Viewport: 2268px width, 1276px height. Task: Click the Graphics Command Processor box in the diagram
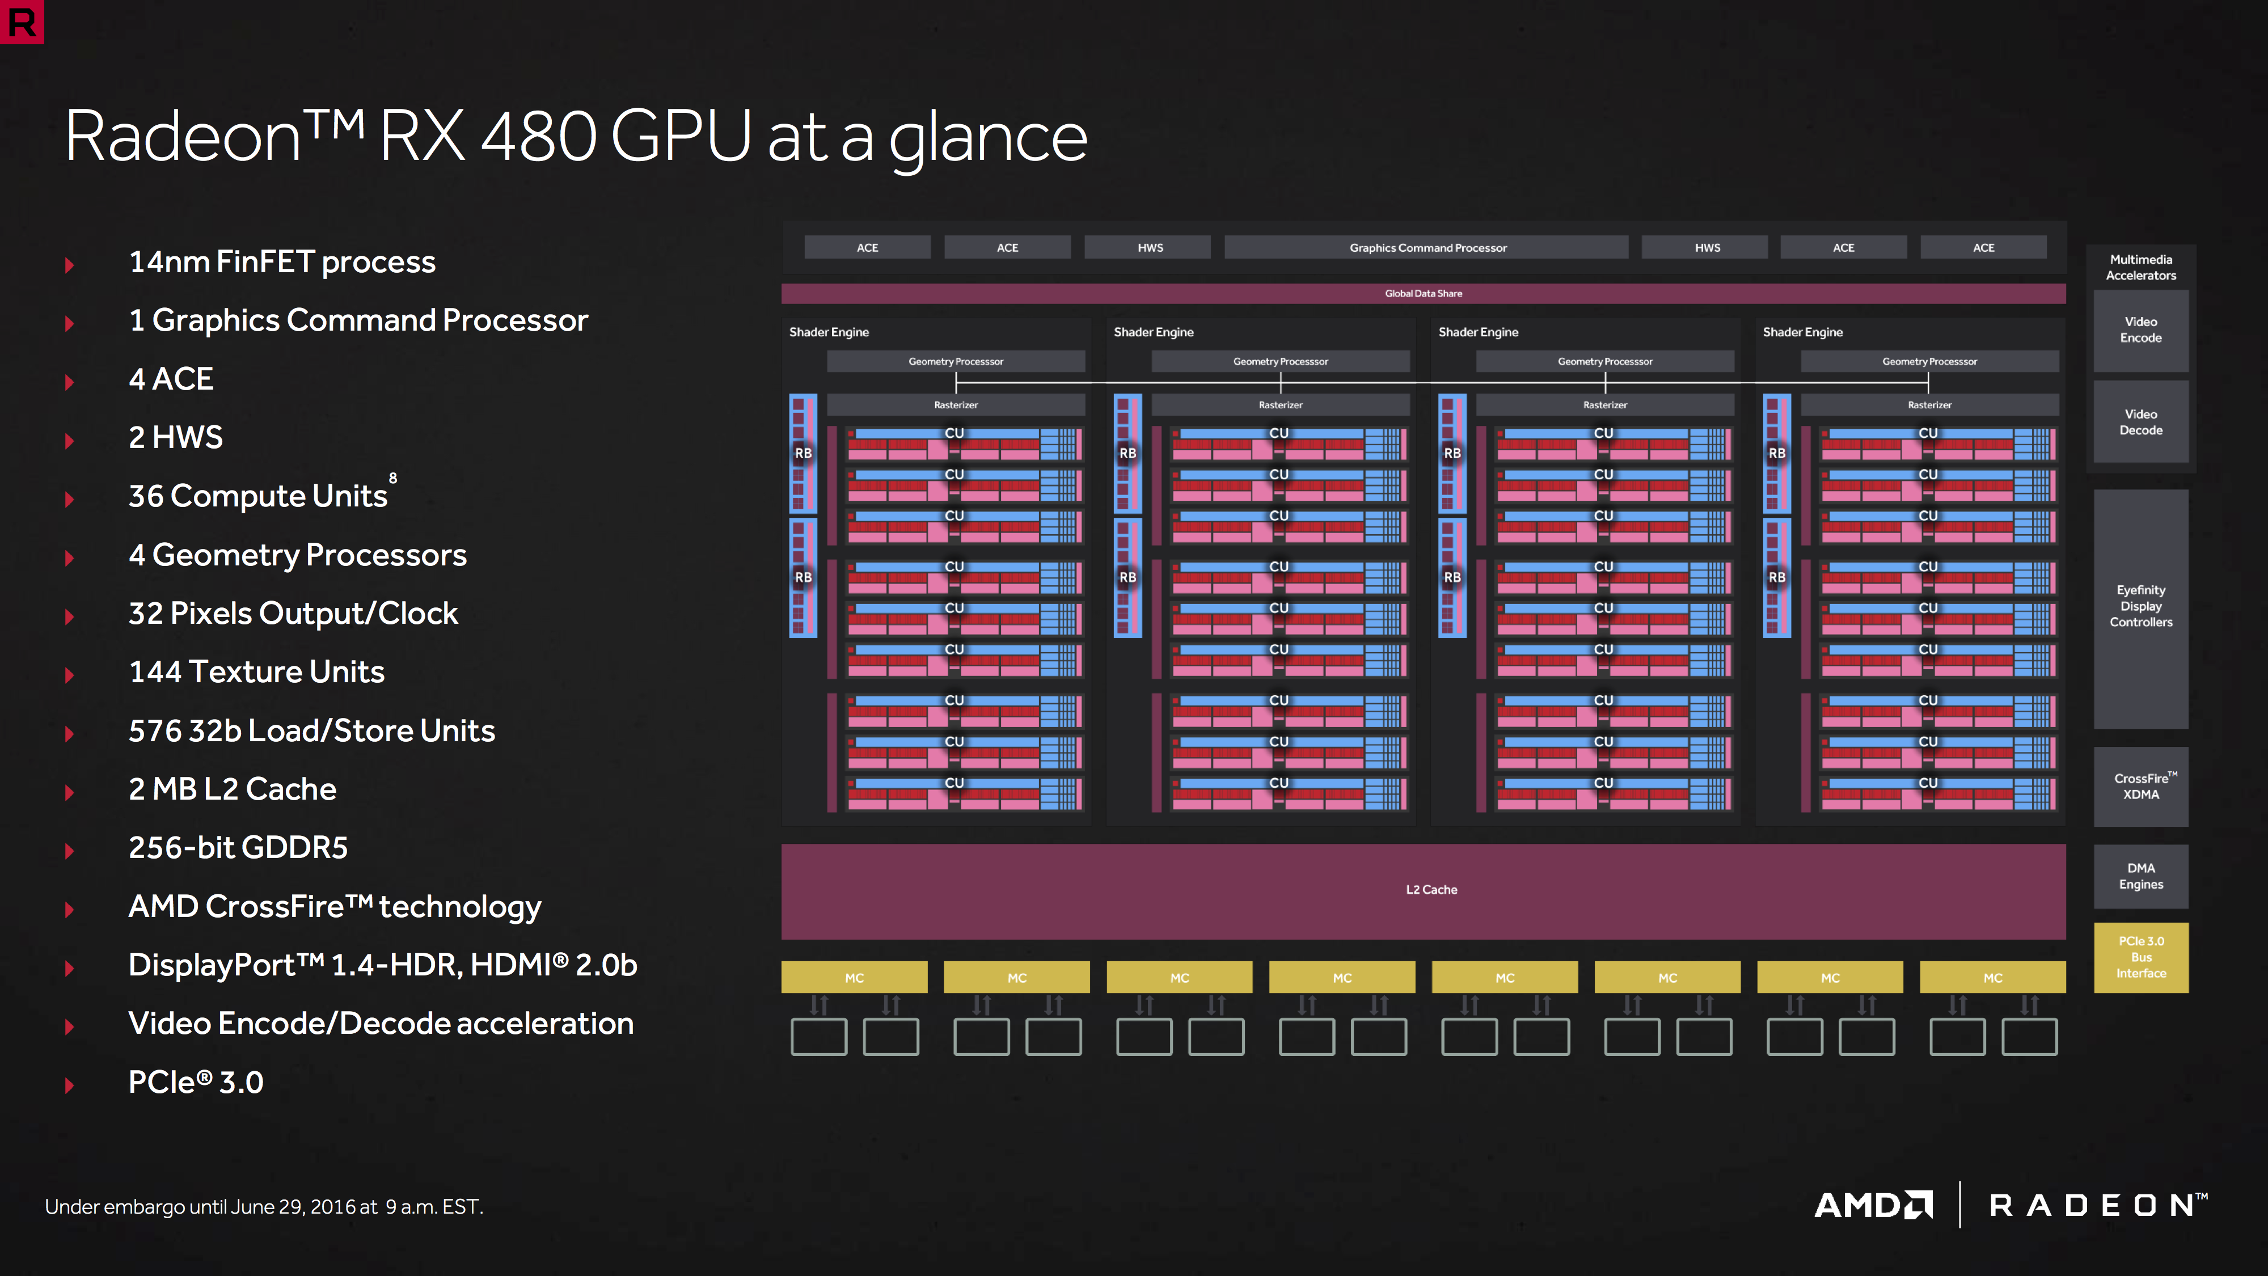(x=1426, y=247)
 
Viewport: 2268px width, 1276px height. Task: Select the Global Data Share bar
(x=1424, y=293)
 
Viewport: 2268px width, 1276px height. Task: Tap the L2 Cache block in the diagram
(x=1424, y=891)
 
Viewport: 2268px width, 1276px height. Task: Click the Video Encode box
(x=2140, y=330)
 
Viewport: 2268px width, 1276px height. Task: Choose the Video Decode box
(x=2140, y=422)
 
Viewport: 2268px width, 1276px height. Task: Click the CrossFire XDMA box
(x=2140, y=787)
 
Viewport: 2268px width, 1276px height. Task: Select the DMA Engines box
(x=2140, y=876)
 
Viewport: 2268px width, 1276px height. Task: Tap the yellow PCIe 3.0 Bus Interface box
(x=2140, y=957)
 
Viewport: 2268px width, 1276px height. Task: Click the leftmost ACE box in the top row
(x=867, y=247)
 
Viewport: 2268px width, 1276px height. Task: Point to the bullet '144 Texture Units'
(x=256, y=673)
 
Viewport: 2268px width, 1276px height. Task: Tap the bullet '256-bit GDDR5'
(x=238, y=848)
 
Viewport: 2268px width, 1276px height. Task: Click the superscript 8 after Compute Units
(x=392, y=478)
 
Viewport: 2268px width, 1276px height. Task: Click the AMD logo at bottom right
(x=1874, y=1205)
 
